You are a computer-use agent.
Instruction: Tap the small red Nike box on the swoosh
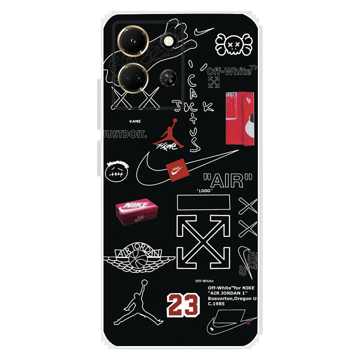tap(176, 171)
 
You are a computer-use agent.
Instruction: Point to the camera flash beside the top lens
tap(168, 42)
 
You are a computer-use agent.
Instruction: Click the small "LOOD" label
tap(207, 191)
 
